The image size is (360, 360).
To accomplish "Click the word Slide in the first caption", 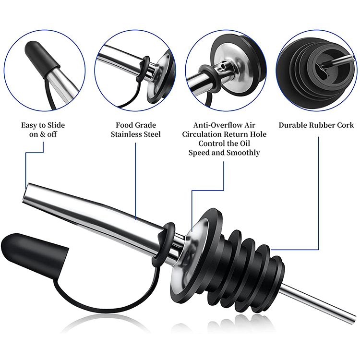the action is [x=56, y=125].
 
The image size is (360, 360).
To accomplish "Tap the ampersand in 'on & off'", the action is [x=43, y=134].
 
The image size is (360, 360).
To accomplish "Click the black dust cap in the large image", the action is [x=35, y=255].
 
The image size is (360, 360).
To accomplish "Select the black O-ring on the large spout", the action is [x=164, y=243].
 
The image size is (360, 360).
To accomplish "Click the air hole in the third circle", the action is [x=222, y=67].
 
